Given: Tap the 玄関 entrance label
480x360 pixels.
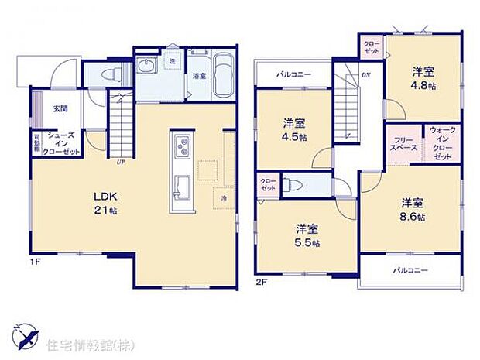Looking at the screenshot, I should click(x=60, y=109).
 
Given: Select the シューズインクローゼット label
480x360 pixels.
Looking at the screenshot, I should click(x=62, y=145).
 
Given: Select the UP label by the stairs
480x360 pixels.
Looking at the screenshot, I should click(x=121, y=162).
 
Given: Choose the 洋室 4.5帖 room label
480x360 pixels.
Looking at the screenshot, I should click(x=293, y=129).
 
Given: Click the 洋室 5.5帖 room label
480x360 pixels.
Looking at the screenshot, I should click(x=307, y=235).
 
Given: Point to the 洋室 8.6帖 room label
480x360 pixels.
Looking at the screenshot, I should click(x=413, y=209).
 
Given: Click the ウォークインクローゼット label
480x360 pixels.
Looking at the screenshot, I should click(x=442, y=145).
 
